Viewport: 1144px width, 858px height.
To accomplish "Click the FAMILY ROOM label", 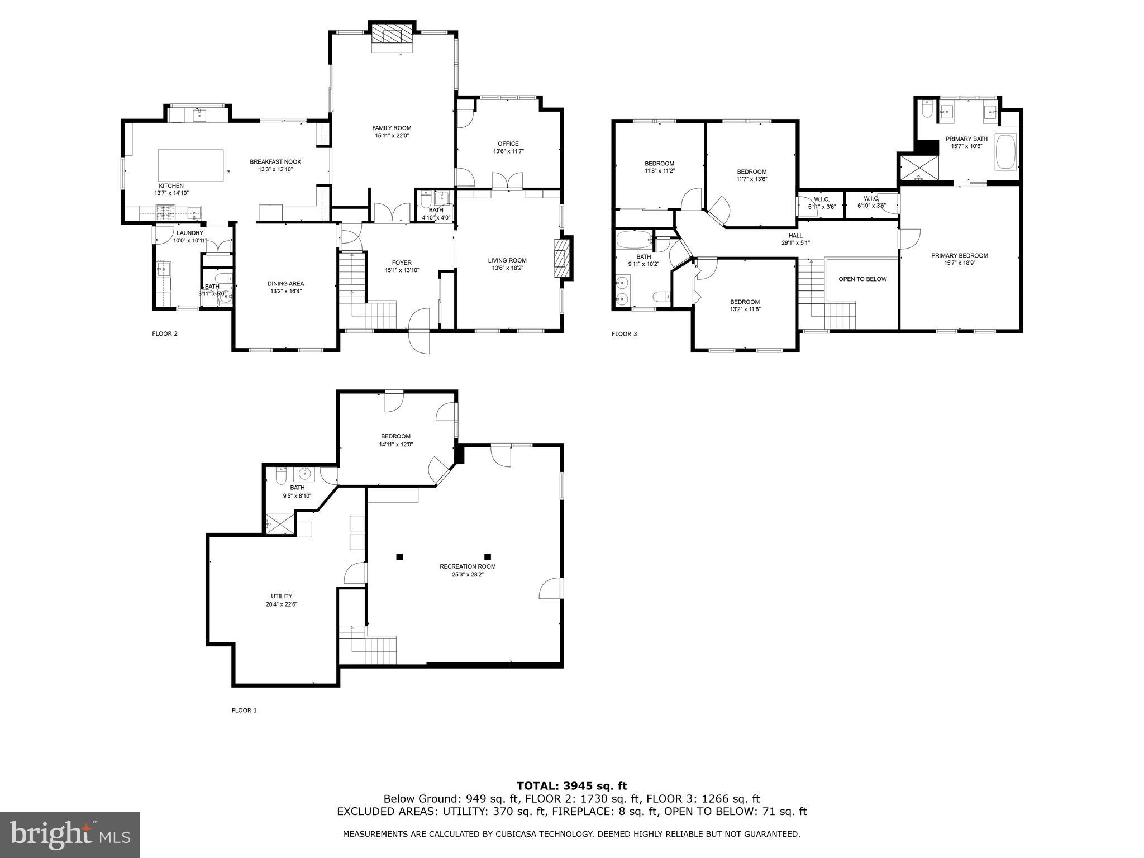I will click(392, 128).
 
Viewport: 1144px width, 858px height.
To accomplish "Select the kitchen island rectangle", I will click(190, 165).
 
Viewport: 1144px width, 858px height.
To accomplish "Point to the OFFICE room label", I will click(508, 144).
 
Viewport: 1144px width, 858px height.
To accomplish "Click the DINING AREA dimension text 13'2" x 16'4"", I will click(285, 291).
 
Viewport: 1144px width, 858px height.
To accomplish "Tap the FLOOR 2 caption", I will click(165, 334).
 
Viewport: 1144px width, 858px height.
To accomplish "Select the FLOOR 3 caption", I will click(624, 334).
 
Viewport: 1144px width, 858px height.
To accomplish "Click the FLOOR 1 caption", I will click(244, 711).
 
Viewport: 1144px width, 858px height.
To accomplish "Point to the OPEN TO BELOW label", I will click(862, 279).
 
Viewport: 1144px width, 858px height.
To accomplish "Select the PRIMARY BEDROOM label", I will click(959, 256).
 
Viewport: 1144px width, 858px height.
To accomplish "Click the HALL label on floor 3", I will click(795, 236).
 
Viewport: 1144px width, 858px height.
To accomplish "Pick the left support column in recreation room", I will click(399, 556).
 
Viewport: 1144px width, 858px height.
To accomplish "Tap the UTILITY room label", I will click(282, 596).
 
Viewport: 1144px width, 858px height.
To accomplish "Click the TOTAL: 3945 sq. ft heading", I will click(571, 786).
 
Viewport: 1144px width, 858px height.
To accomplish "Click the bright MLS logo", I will click(70, 835).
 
